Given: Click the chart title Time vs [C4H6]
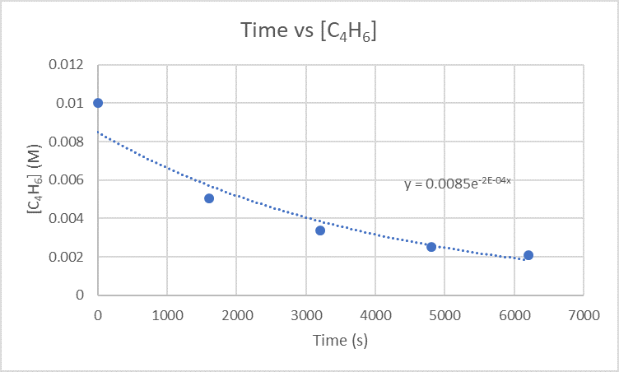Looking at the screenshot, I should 309,31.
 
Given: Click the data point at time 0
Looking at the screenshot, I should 98,103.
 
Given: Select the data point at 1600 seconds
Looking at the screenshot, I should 209,198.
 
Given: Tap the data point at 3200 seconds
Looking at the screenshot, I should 320,230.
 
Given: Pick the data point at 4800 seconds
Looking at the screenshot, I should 431,247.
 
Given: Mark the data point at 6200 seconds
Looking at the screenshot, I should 528,255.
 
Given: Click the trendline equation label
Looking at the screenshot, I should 458,184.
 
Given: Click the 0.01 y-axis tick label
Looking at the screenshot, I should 72,104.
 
